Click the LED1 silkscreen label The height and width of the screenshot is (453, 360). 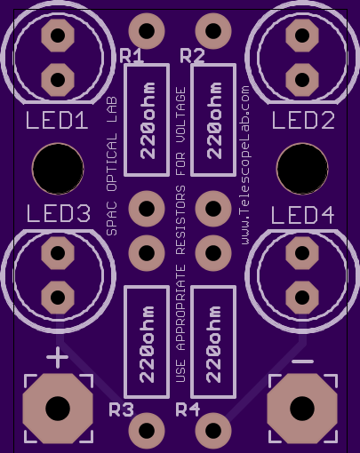pos(57,120)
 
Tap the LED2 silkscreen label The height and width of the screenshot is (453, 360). pos(303,120)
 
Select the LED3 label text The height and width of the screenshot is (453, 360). pos(59,213)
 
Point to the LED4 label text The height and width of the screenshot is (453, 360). pos(303,215)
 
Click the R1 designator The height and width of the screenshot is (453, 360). pos(132,56)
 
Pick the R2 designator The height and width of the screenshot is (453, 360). pos(192,56)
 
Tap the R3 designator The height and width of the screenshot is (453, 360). pos(121,409)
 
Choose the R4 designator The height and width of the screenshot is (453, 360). pos(188,409)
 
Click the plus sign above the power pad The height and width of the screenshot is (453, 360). pos(58,357)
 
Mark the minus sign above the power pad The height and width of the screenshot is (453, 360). pos(302,362)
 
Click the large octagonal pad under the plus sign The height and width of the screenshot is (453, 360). pos(58,409)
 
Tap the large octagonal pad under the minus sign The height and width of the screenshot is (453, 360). pos(302,409)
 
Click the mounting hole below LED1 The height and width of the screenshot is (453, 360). pos(58,169)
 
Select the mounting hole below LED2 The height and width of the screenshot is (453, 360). pos(302,169)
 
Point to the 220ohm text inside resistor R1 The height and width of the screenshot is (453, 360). pos(148,120)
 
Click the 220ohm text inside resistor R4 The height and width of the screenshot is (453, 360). pos(213,344)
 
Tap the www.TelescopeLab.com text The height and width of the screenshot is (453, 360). pos(244,165)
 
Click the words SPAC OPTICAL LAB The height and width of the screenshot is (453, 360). pos(112,166)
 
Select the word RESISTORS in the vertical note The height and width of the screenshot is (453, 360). pos(180,220)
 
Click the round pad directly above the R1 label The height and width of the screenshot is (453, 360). pos(147,31)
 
